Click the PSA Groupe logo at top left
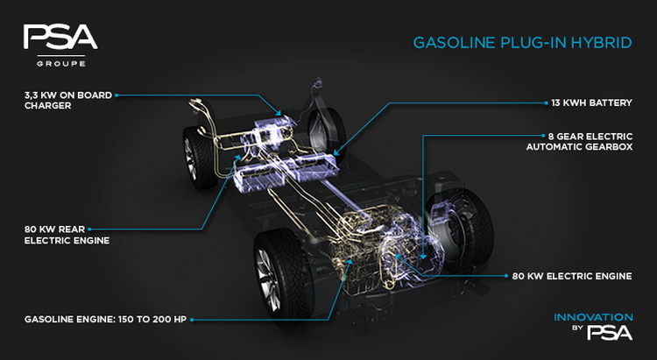pos(60,43)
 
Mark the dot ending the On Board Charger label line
pos(116,94)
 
